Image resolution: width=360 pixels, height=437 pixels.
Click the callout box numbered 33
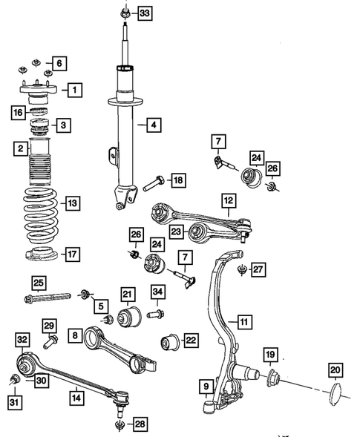(x=143, y=13)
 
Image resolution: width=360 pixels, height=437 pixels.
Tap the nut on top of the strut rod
(x=124, y=13)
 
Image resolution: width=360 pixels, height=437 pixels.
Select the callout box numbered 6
(x=60, y=63)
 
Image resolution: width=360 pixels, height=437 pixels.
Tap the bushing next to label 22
(x=171, y=343)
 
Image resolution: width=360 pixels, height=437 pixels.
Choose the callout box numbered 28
(x=140, y=424)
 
